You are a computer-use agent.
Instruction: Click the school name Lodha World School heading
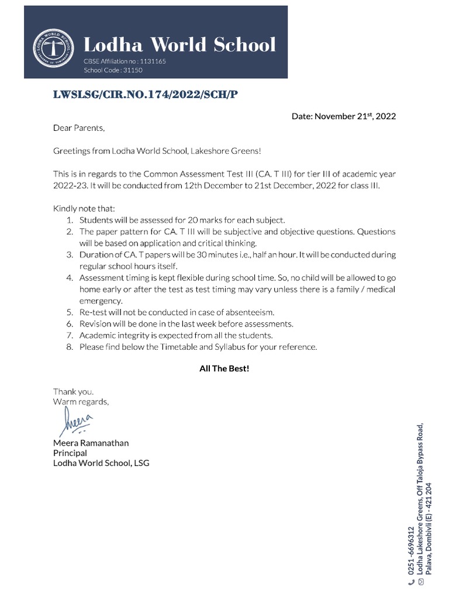pyautogui.click(x=179, y=44)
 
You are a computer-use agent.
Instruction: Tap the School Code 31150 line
pyautogui.click(x=113, y=70)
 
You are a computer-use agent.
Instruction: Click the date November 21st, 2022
pyautogui.click(x=344, y=116)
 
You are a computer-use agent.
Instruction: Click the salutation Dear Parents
pyautogui.click(x=79, y=128)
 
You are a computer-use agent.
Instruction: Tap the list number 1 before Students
pyautogui.click(x=68, y=220)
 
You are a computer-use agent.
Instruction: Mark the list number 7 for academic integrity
pyautogui.click(x=68, y=335)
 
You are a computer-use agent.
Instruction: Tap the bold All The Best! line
pyautogui.click(x=224, y=369)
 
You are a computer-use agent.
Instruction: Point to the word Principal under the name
pyautogui.click(x=70, y=453)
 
